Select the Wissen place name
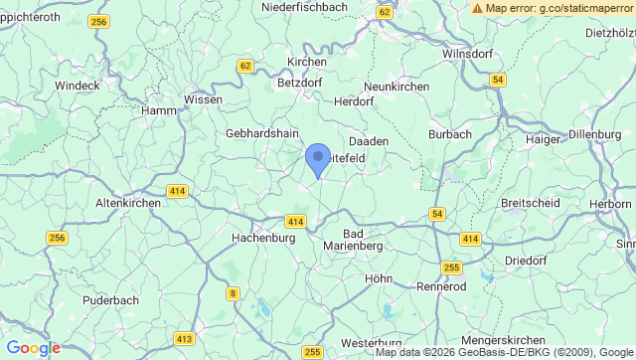pos(204,99)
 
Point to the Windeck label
pos(78,86)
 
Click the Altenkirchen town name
pos(127,202)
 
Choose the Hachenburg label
pos(263,239)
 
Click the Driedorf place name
pos(527,260)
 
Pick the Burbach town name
pos(448,133)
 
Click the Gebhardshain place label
pos(262,133)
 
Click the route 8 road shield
pos(233,292)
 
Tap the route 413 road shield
pos(184,339)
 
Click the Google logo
pos(33,348)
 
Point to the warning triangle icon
pos(478,7)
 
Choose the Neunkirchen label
pos(397,87)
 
